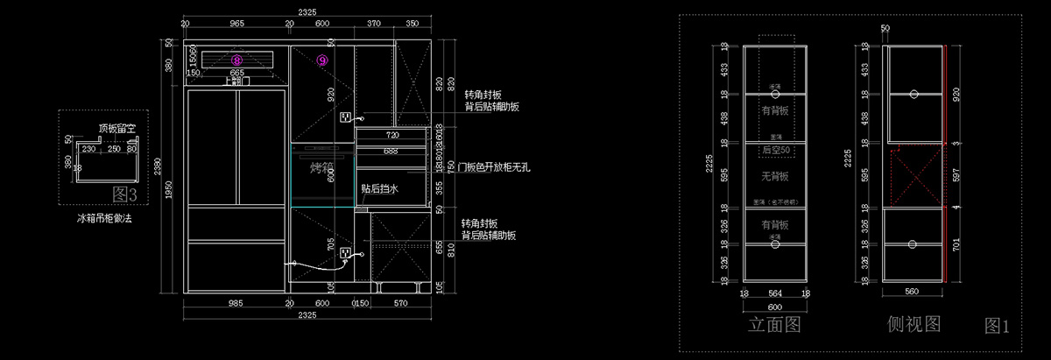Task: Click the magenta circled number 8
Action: click(236, 59)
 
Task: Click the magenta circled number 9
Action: click(322, 60)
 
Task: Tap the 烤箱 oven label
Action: click(323, 168)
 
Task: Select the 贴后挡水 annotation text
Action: click(379, 188)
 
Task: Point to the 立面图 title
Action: click(774, 326)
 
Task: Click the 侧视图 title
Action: click(913, 324)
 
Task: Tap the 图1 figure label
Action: click(998, 327)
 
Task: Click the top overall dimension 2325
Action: click(307, 11)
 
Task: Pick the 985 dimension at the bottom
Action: click(235, 303)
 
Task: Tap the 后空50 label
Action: click(774, 151)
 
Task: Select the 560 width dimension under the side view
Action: click(912, 292)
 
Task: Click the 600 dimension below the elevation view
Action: click(774, 307)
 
